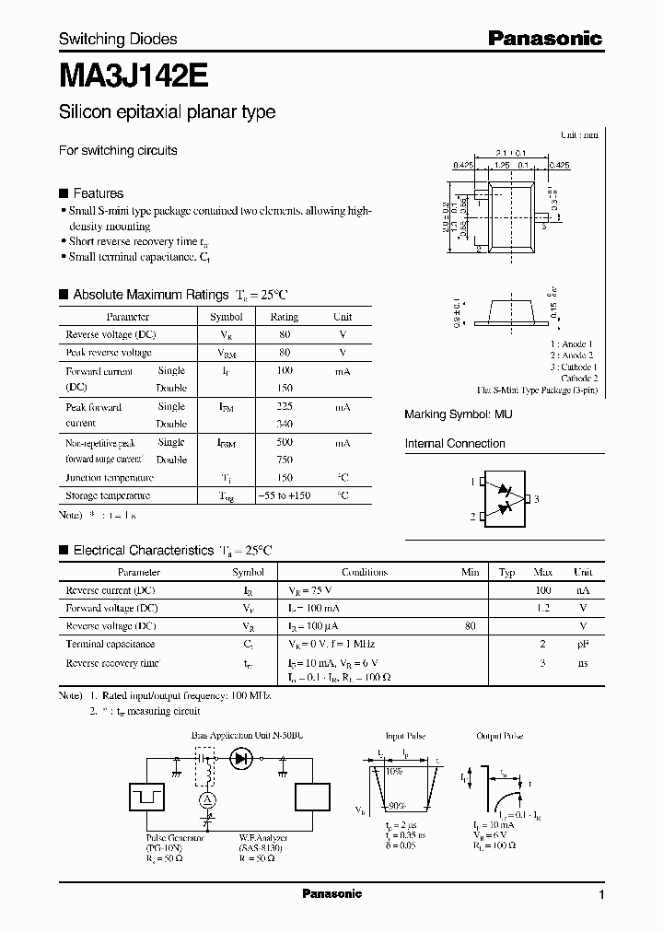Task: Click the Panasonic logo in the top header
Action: pos(544,38)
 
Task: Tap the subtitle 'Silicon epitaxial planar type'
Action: pos(167,112)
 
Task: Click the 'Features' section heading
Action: pos(98,193)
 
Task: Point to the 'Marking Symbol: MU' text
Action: pos(459,414)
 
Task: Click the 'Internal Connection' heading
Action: pos(455,443)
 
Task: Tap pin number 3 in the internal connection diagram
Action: pos(537,498)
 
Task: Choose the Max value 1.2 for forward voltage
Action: pos(542,608)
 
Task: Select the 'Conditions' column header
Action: pos(364,572)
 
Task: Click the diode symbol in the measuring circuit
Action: pos(243,759)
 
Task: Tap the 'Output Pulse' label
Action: pos(501,736)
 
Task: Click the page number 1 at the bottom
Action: pos(601,895)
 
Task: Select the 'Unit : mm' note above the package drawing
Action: pos(579,134)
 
